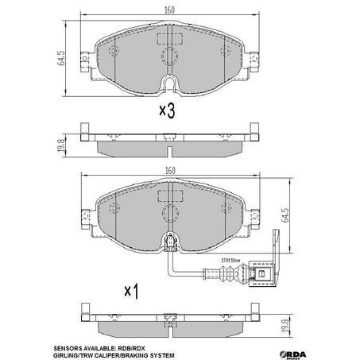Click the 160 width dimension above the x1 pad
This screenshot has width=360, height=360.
click(172, 170)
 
